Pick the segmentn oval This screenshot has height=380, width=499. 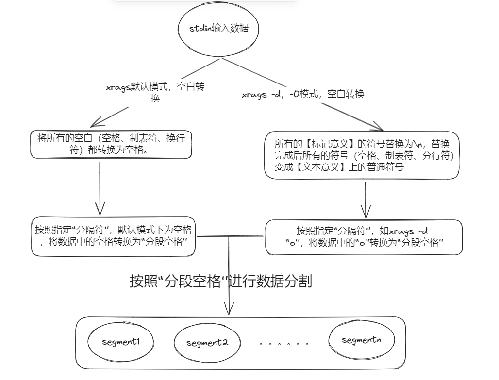361,340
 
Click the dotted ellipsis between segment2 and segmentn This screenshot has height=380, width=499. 284,344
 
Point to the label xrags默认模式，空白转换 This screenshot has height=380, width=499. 155,92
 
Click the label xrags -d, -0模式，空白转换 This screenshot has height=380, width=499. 303,94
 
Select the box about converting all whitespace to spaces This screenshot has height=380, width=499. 111,144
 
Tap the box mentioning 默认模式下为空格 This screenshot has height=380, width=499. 113,236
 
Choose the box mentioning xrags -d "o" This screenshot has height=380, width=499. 364,237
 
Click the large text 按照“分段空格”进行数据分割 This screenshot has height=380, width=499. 220,281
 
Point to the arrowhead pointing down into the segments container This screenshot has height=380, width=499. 229,310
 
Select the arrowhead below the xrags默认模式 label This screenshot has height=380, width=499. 99,123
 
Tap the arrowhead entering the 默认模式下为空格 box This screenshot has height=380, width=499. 100,210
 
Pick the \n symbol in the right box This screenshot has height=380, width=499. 418,144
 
